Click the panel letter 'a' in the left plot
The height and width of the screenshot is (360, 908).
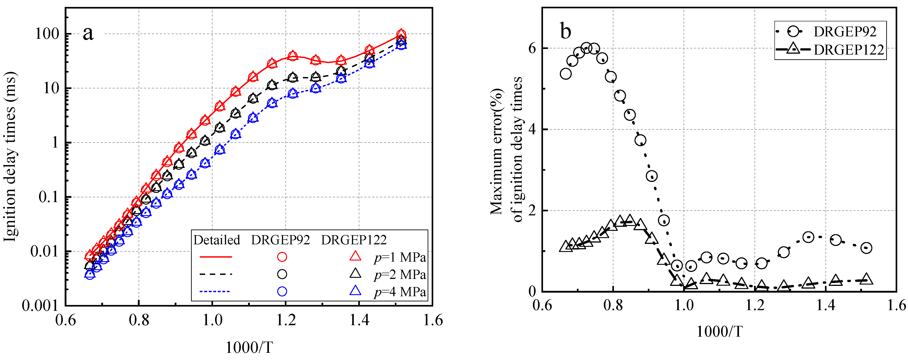(88, 33)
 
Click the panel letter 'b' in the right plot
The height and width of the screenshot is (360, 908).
(565, 31)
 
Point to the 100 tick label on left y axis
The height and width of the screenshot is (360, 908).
(47, 34)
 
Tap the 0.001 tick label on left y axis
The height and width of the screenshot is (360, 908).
(40, 305)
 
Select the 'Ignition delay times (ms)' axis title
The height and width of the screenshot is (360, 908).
(11, 157)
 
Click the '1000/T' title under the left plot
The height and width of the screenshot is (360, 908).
(249, 347)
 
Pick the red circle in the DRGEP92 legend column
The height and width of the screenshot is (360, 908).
(282, 257)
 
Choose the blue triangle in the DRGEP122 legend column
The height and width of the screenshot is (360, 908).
(355, 291)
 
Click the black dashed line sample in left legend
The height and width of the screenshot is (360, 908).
(216, 274)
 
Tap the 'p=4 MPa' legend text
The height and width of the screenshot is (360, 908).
(400, 292)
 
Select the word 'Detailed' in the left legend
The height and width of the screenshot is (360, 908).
(216, 240)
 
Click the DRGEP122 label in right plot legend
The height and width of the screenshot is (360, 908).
(849, 50)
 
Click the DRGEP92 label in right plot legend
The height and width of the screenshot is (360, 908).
(844, 32)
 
